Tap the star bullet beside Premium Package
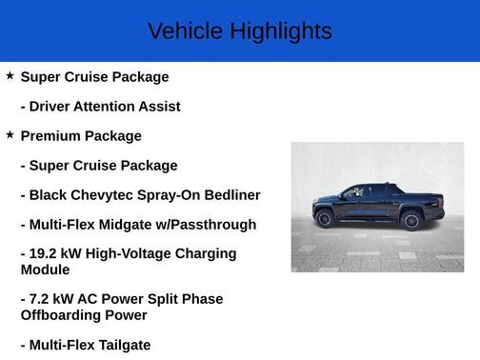click(10, 135)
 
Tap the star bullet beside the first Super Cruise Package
click(10, 75)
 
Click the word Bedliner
click(229, 194)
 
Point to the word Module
click(46, 270)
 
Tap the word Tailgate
click(118, 345)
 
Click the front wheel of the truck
click(325, 218)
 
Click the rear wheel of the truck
click(411, 220)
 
